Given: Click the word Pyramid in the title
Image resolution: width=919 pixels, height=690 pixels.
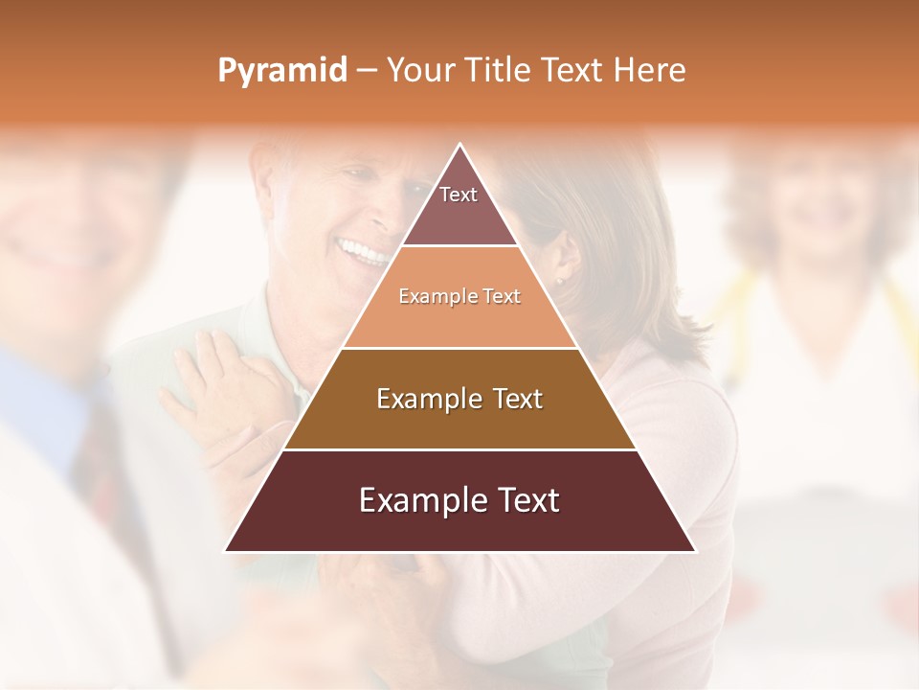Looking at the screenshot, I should [281, 71].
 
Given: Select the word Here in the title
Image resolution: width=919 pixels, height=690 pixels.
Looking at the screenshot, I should [650, 71].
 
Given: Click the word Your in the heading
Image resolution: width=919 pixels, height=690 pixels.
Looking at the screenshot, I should [422, 71].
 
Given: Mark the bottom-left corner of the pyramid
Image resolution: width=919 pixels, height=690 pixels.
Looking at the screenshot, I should [227, 550].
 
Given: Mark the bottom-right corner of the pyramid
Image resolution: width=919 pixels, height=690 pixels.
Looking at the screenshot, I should [694, 550].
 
